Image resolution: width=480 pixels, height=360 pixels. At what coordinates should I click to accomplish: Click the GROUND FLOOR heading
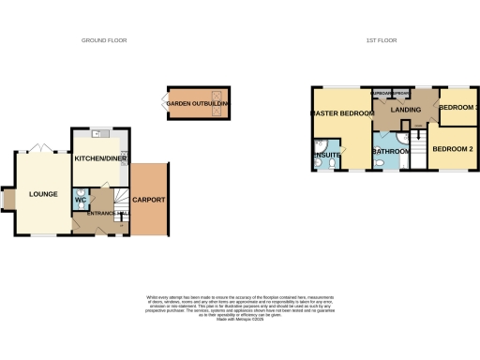pyautogui.click(x=104, y=40)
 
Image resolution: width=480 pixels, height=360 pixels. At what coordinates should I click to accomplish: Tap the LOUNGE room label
pyautogui.click(x=43, y=194)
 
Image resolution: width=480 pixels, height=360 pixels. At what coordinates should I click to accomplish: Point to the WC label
pyautogui.click(x=80, y=200)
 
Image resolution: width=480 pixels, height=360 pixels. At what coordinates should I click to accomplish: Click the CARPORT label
pyautogui.click(x=149, y=200)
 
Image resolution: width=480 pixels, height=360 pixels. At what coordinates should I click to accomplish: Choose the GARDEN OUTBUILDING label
pyautogui.click(x=199, y=102)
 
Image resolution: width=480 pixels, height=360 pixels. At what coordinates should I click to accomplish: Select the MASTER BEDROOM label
pyautogui.click(x=343, y=113)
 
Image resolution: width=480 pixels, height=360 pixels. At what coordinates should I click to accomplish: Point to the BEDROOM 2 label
pyautogui.click(x=451, y=149)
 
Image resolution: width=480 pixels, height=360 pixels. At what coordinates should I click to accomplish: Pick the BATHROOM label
pyautogui.click(x=389, y=150)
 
